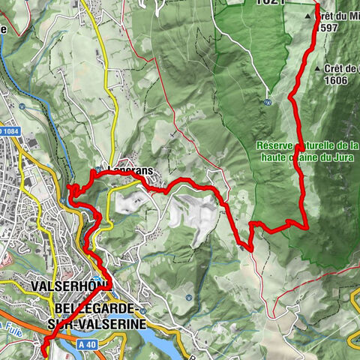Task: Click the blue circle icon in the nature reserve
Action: tap(268, 103)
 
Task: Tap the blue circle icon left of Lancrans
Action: tap(100, 169)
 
